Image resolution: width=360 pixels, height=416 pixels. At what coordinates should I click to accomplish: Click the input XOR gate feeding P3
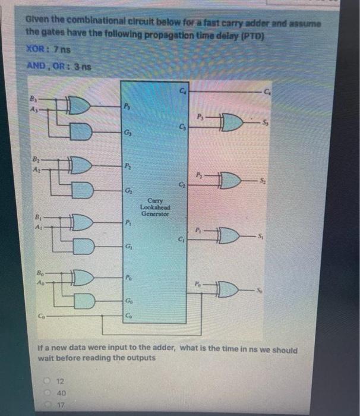point(79,106)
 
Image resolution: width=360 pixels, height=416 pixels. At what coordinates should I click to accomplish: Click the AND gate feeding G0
point(83,301)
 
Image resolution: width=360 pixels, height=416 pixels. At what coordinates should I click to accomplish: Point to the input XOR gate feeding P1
point(79,223)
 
